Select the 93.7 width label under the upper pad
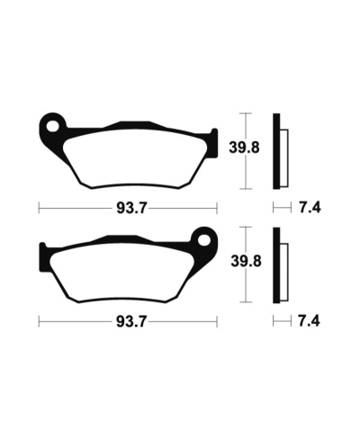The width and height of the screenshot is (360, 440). point(128,208)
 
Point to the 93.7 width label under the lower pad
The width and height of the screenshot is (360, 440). point(128,320)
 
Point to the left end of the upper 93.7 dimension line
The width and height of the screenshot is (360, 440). point(39,208)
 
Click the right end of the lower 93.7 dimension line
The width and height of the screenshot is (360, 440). point(216,320)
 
